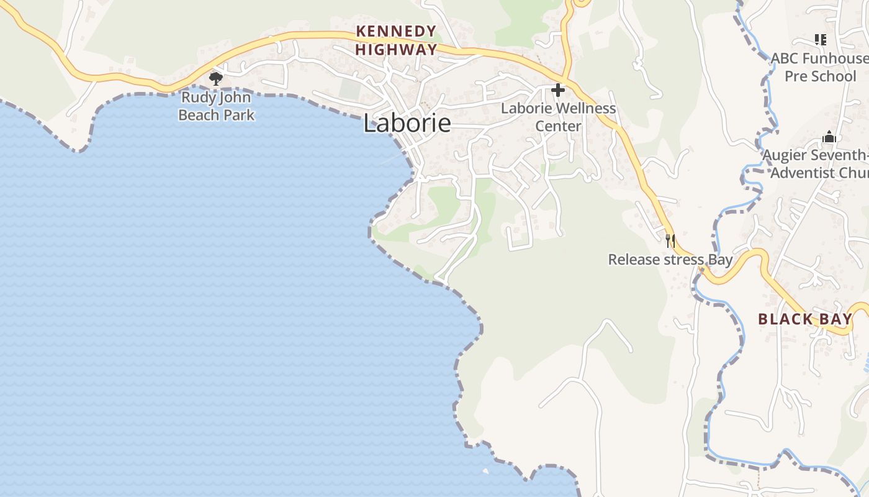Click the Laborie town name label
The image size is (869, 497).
[407, 123]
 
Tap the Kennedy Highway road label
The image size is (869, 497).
[396, 40]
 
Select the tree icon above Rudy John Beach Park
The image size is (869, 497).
[216, 78]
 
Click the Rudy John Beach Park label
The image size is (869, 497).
[216, 106]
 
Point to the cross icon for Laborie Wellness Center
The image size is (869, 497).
[558, 90]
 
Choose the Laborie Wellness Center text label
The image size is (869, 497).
[559, 117]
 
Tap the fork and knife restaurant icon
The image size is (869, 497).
[670, 241]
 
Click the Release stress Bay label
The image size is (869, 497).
[670, 259]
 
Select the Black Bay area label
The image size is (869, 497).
[805, 319]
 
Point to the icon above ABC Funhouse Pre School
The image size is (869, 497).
[821, 40]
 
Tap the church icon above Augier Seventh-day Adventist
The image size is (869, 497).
[829, 137]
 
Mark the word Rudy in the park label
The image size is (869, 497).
[195, 98]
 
